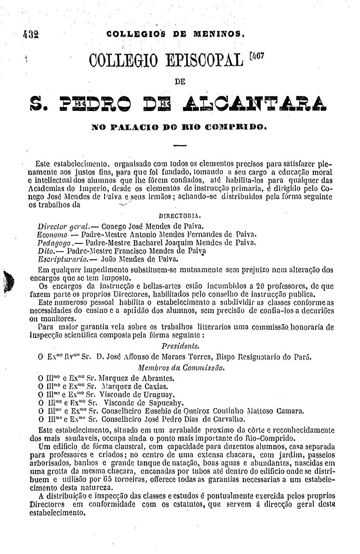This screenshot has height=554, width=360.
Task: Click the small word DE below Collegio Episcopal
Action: point(180,82)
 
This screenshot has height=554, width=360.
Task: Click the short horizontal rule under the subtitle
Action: point(180,145)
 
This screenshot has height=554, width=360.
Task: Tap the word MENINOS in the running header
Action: point(219,34)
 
